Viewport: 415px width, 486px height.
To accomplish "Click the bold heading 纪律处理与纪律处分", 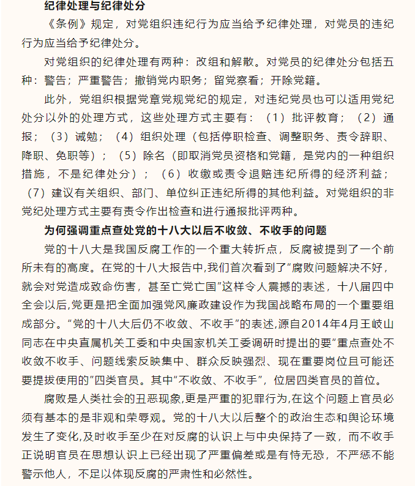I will click(94, 7).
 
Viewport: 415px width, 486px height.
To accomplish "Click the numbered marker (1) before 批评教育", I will click(275, 117).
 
